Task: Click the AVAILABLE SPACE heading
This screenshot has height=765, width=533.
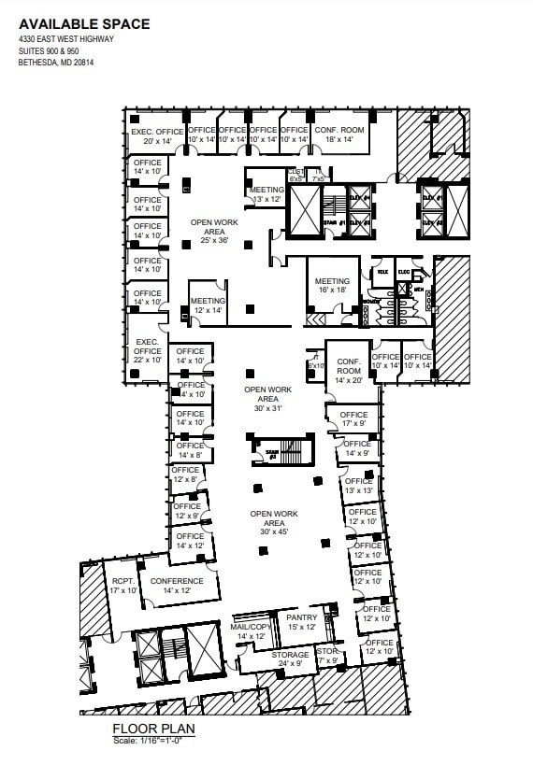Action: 84,22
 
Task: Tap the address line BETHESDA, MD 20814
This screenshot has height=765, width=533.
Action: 55,63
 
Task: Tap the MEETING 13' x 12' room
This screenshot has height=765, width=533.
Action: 266,194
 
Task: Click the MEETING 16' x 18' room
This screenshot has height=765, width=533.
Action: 332,286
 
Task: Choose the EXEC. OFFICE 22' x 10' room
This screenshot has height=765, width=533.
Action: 148,350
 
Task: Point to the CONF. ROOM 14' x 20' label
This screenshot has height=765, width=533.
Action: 349,370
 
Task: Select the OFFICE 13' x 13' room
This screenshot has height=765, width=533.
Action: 358,486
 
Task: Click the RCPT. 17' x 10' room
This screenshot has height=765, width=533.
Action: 122,586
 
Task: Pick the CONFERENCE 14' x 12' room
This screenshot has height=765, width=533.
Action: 177,586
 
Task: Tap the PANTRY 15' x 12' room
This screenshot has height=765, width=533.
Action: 302,621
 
